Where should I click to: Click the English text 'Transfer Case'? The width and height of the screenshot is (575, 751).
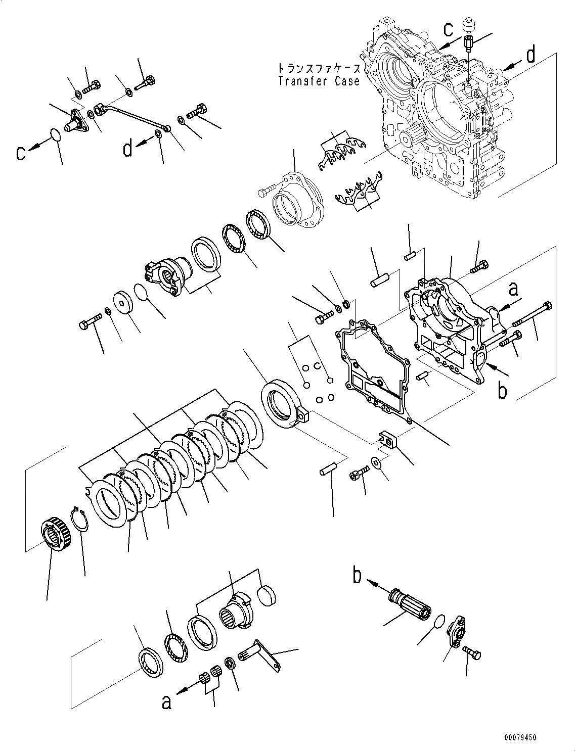coord(319,81)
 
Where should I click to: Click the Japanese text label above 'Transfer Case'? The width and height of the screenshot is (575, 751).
coord(319,68)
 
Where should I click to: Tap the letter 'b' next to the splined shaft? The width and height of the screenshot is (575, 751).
coord(358,577)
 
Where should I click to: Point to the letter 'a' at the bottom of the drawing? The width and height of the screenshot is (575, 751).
coord(165,702)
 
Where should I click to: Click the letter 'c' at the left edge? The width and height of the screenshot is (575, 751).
coord(20,152)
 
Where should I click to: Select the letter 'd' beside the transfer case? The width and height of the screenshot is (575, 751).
coord(530,55)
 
